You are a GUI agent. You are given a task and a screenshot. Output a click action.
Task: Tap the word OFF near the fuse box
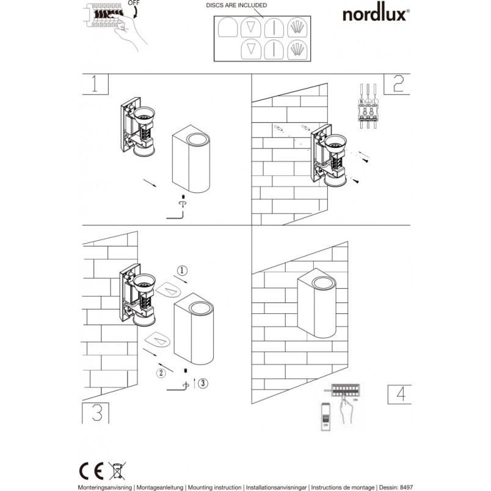pyautogui.click(x=134, y=3)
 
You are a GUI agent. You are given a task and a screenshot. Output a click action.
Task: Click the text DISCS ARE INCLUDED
pyautogui.click(x=236, y=5)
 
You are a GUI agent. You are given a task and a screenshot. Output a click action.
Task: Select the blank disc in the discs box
pyautogui.click(x=228, y=27)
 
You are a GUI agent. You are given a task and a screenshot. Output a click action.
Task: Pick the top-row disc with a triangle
pyautogui.click(x=251, y=27)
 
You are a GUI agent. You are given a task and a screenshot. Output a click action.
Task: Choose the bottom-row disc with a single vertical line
pyautogui.click(x=274, y=49)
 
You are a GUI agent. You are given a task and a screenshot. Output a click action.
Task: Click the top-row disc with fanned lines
pyautogui.click(x=297, y=27)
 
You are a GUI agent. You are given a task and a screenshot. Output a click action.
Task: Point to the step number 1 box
pyautogui.click(x=95, y=84)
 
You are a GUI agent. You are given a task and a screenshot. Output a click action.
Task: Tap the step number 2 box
pyautogui.click(x=397, y=84)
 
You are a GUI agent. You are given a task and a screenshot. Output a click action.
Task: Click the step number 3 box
pyautogui.click(x=95, y=413)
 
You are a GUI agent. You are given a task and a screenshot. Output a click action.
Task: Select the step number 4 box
pyautogui.click(x=399, y=395)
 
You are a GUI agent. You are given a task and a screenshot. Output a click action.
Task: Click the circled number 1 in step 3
pyautogui.click(x=182, y=271)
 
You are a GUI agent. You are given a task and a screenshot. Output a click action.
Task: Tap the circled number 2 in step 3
pyautogui.click(x=161, y=373)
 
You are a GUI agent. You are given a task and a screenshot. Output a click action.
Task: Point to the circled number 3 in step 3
pyautogui.click(x=203, y=383)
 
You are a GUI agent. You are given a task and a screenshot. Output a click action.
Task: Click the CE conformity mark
pyautogui.click(x=91, y=471)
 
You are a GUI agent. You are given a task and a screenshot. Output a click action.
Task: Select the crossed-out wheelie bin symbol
pyautogui.click(x=117, y=471)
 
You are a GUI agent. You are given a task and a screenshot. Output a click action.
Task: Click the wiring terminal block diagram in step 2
pyautogui.click(x=368, y=106)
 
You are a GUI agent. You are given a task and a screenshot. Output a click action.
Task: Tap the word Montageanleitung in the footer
pyautogui.click(x=160, y=487)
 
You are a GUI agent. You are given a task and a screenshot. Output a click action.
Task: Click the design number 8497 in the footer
pyautogui.click(x=407, y=487)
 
